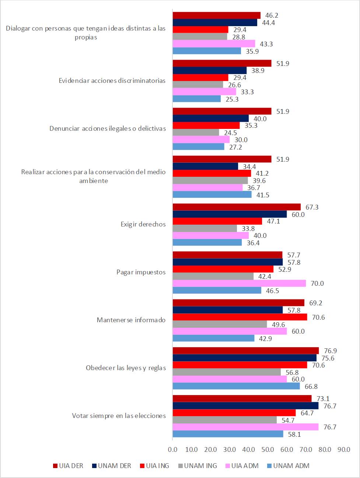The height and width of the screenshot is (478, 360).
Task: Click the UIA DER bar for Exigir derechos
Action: click(237, 207)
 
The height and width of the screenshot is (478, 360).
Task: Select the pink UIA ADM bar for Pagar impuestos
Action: click(239, 283)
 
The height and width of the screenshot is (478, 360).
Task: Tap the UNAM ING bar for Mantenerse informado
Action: click(220, 324)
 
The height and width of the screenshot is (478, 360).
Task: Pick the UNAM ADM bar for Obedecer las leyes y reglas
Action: click(236, 386)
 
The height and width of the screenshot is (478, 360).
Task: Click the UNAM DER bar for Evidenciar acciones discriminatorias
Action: click(210, 70)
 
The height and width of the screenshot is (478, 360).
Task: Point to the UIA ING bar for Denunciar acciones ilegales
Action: click(206, 125)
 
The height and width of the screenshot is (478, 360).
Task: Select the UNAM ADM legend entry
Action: click(287, 465)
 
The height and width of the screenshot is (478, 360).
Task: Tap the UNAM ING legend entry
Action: click(197, 465)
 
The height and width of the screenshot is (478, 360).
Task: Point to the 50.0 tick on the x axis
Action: click(268, 449)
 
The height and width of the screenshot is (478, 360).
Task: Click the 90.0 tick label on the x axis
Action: click(344, 449)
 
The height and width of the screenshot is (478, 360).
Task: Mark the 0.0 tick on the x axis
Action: click(172, 449)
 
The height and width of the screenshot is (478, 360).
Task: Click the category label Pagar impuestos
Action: click(141, 272)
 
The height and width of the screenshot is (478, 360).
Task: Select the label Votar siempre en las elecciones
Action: click(119, 416)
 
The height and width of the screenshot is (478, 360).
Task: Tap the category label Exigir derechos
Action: click(143, 224)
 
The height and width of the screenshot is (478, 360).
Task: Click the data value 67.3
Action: click(312, 207)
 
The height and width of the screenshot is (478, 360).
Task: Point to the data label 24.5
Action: click(230, 133)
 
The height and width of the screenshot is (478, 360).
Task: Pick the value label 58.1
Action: click(294, 435)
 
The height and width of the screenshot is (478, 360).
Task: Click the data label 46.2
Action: click(272, 15)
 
